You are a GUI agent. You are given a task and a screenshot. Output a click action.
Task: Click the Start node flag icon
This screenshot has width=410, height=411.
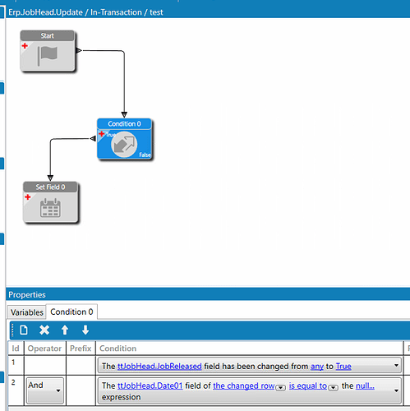coord(48,56)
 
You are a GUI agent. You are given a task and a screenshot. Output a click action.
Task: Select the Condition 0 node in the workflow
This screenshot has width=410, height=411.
coord(124,139)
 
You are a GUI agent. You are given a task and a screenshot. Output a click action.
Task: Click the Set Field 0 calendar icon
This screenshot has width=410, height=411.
coord(50,208)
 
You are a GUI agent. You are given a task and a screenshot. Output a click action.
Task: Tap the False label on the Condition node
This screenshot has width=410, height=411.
coord(145,155)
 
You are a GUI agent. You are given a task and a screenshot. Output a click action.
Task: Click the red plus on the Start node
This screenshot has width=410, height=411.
coord(25,46)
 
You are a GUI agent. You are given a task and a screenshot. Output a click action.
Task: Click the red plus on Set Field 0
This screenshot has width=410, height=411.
coord(28,197)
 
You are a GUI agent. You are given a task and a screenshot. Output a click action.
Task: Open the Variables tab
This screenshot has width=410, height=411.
coord(27,312)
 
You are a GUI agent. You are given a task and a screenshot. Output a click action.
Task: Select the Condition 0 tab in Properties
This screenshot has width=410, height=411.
coord(71,312)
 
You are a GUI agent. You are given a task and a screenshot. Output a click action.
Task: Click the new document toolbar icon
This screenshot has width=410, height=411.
coord(24,330)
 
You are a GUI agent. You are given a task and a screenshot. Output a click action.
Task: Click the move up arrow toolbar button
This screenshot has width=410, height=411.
coord(65,330)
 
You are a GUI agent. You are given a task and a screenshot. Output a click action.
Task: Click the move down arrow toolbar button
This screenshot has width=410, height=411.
coord(85,330)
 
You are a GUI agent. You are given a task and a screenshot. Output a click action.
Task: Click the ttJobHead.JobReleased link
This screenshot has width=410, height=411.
coord(159,367)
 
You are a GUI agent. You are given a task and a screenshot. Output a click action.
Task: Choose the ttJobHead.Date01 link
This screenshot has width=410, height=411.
coord(150,386)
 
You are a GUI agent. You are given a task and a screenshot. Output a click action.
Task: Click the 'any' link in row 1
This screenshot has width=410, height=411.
coord(317,367)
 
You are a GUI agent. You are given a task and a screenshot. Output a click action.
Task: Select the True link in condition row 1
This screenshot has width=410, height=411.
coord(343,367)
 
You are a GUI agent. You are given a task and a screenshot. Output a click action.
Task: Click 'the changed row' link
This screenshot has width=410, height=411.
coord(244,386)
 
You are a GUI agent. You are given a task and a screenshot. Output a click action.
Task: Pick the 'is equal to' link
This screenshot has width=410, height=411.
coord(308,386)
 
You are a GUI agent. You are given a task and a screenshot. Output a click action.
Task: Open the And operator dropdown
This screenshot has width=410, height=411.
coord(45,390)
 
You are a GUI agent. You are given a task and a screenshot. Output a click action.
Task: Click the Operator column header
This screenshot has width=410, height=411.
coord(44,349)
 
